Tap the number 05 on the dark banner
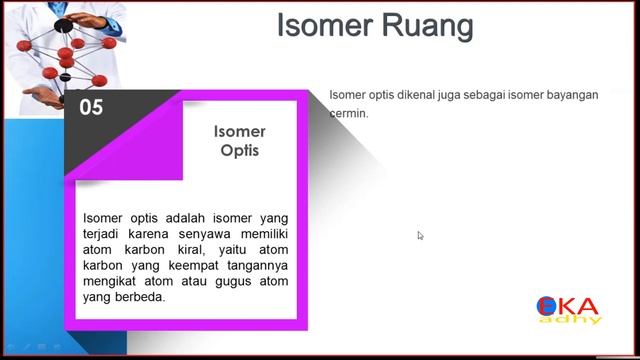[x=91, y=108]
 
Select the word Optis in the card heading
[x=239, y=151]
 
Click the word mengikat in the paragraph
[x=111, y=281]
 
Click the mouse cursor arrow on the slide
[x=420, y=236]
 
